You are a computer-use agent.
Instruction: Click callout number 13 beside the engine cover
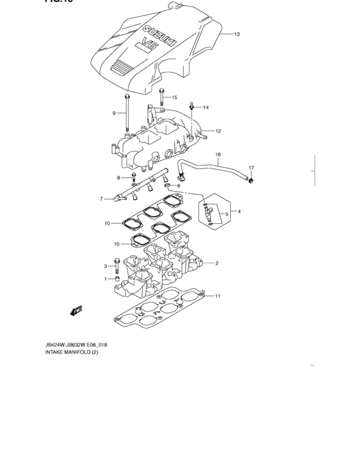(237, 34)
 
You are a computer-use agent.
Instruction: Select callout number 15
(174, 97)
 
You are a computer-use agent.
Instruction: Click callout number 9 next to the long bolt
(114, 113)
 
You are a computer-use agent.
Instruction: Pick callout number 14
(206, 107)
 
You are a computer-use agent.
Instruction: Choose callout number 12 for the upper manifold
(218, 131)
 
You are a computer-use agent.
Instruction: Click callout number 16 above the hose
(218, 155)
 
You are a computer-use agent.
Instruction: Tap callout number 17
(251, 168)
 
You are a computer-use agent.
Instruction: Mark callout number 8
(118, 177)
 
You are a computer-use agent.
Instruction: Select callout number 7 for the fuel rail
(101, 199)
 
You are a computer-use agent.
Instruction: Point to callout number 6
(179, 186)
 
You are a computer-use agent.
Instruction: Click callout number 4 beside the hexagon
(239, 212)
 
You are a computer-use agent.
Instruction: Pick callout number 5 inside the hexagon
(226, 213)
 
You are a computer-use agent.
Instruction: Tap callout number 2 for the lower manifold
(217, 263)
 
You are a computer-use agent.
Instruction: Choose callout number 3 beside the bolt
(105, 265)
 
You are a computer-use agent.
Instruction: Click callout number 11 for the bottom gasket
(218, 296)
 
